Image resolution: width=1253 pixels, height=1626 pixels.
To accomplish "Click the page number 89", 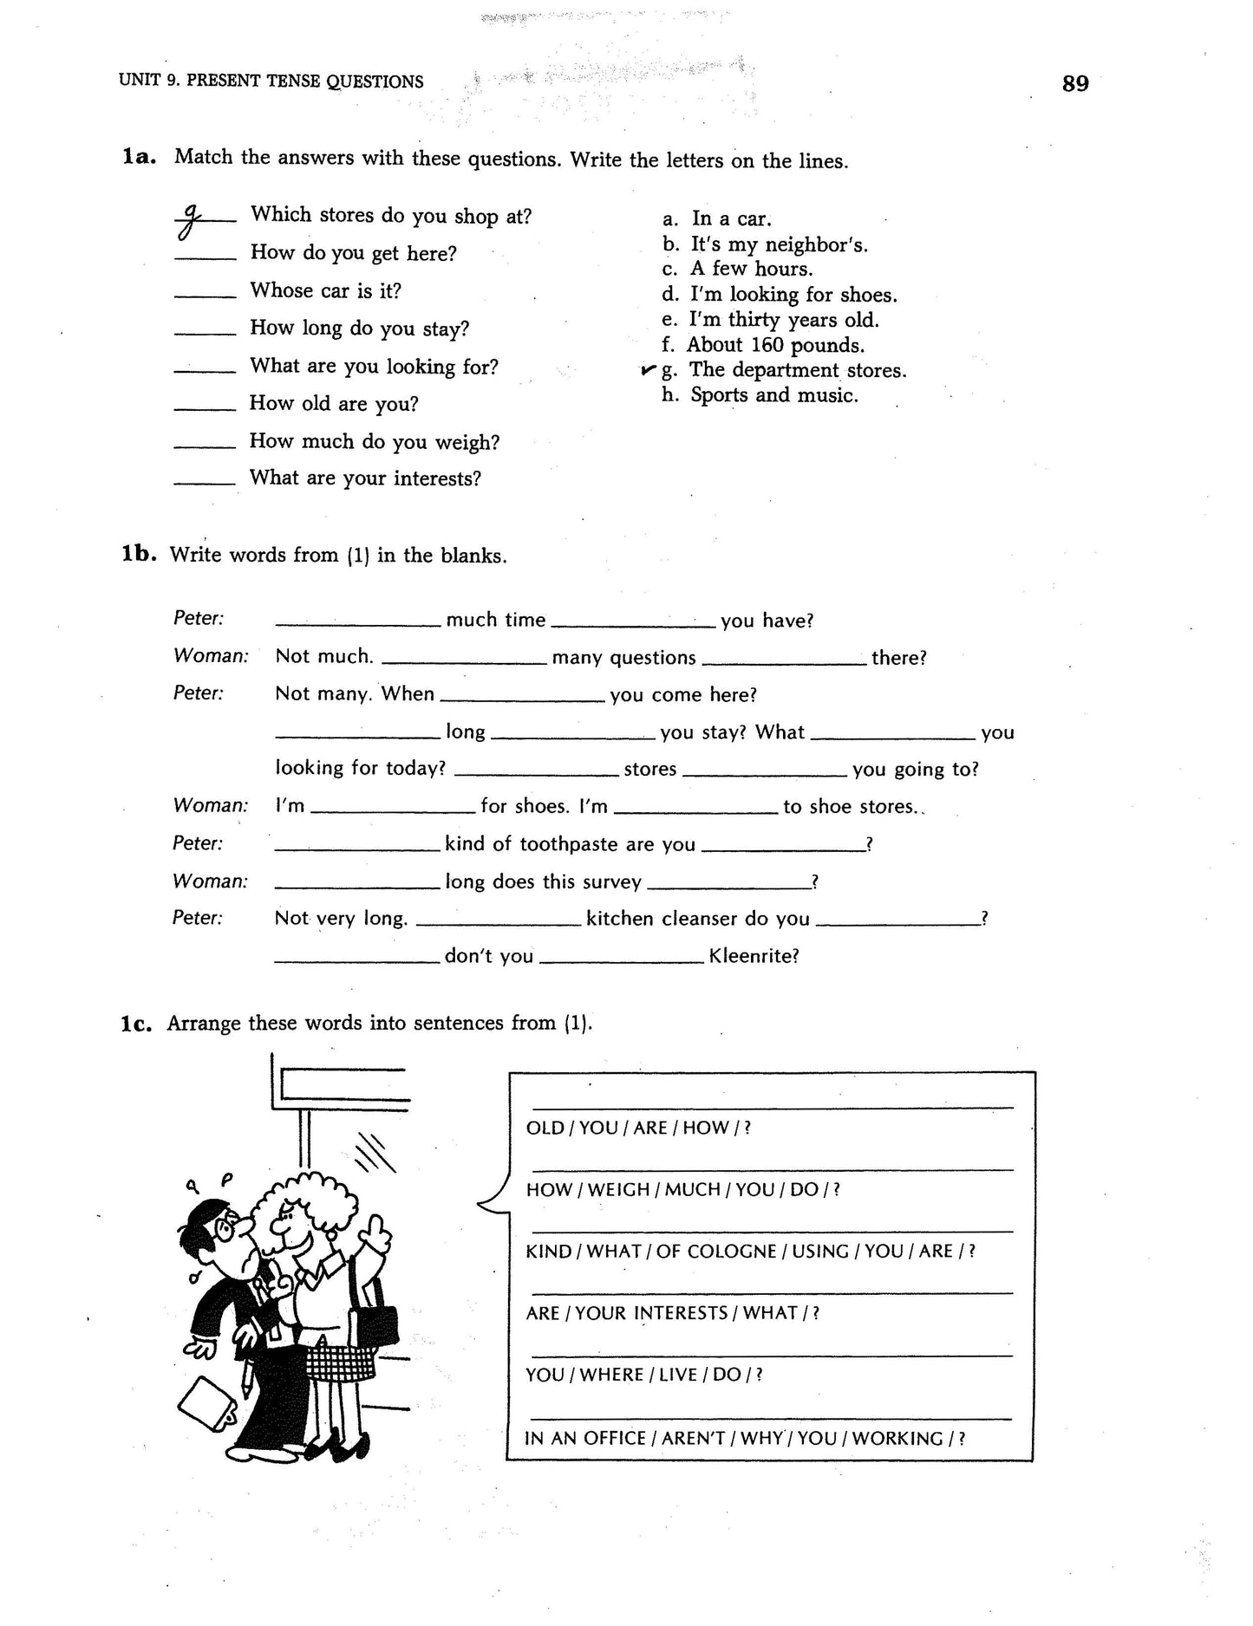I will (x=1074, y=84).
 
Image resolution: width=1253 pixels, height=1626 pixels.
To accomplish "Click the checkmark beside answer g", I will (x=648, y=370).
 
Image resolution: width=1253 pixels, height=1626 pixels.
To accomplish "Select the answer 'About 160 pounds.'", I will (x=775, y=345).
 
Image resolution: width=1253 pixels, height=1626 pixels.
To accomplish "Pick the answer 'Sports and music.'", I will (x=773, y=395).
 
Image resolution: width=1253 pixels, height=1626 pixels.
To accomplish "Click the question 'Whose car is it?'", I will (x=325, y=290).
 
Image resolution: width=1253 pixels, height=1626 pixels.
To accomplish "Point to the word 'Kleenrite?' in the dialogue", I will (x=754, y=956).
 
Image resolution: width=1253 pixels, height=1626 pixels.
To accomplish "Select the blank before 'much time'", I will (x=357, y=622).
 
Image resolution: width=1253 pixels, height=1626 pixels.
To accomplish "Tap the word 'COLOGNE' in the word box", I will (x=726, y=1252).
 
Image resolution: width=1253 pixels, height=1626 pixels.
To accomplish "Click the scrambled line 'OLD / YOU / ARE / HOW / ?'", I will (x=638, y=1128).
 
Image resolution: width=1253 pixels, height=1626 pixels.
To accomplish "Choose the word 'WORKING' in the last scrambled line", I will (x=897, y=1438).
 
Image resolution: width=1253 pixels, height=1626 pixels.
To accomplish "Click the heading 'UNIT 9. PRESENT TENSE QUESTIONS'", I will (x=271, y=82).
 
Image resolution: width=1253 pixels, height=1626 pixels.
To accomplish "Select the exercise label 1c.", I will (x=137, y=1023).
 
